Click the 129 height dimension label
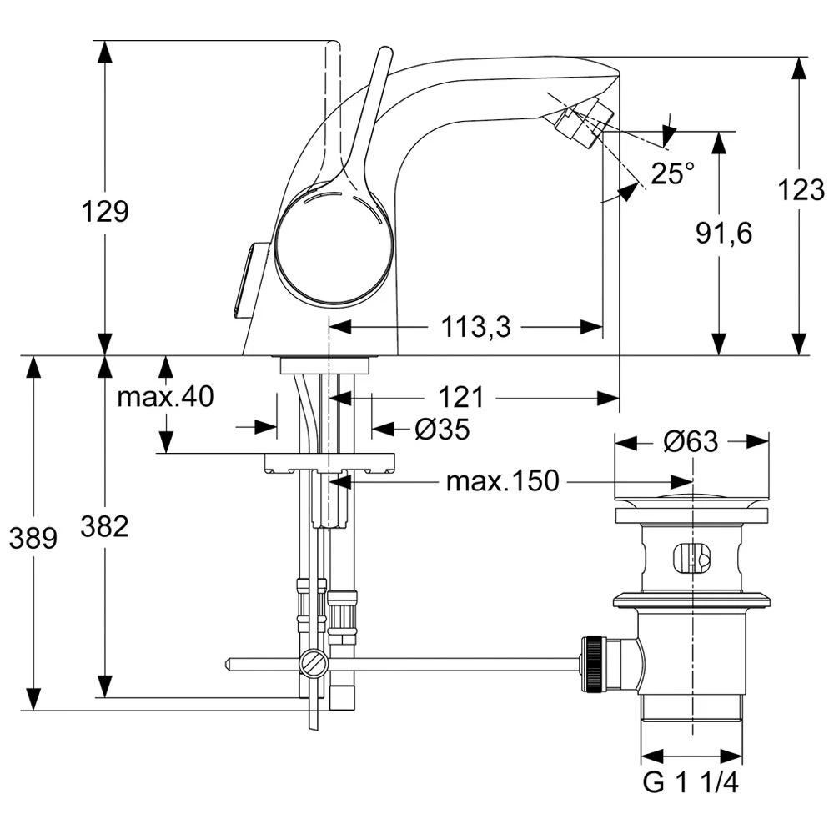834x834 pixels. coord(105,211)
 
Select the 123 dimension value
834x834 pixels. coord(801,191)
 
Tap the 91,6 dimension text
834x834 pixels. coord(724,234)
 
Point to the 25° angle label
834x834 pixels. coord(672,173)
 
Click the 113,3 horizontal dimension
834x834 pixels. coord(477,328)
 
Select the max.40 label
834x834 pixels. coord(165,397)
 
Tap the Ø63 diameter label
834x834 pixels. coord(691,441)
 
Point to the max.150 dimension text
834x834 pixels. coord(502,481)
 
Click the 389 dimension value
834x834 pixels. coord(33,539)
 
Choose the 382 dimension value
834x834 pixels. coord(105,526)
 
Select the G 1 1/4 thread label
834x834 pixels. coord(691,784)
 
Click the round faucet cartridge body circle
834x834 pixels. coord(333,248)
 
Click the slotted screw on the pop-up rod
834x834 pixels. coord(314,664)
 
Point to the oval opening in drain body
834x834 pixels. coord(691,556)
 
